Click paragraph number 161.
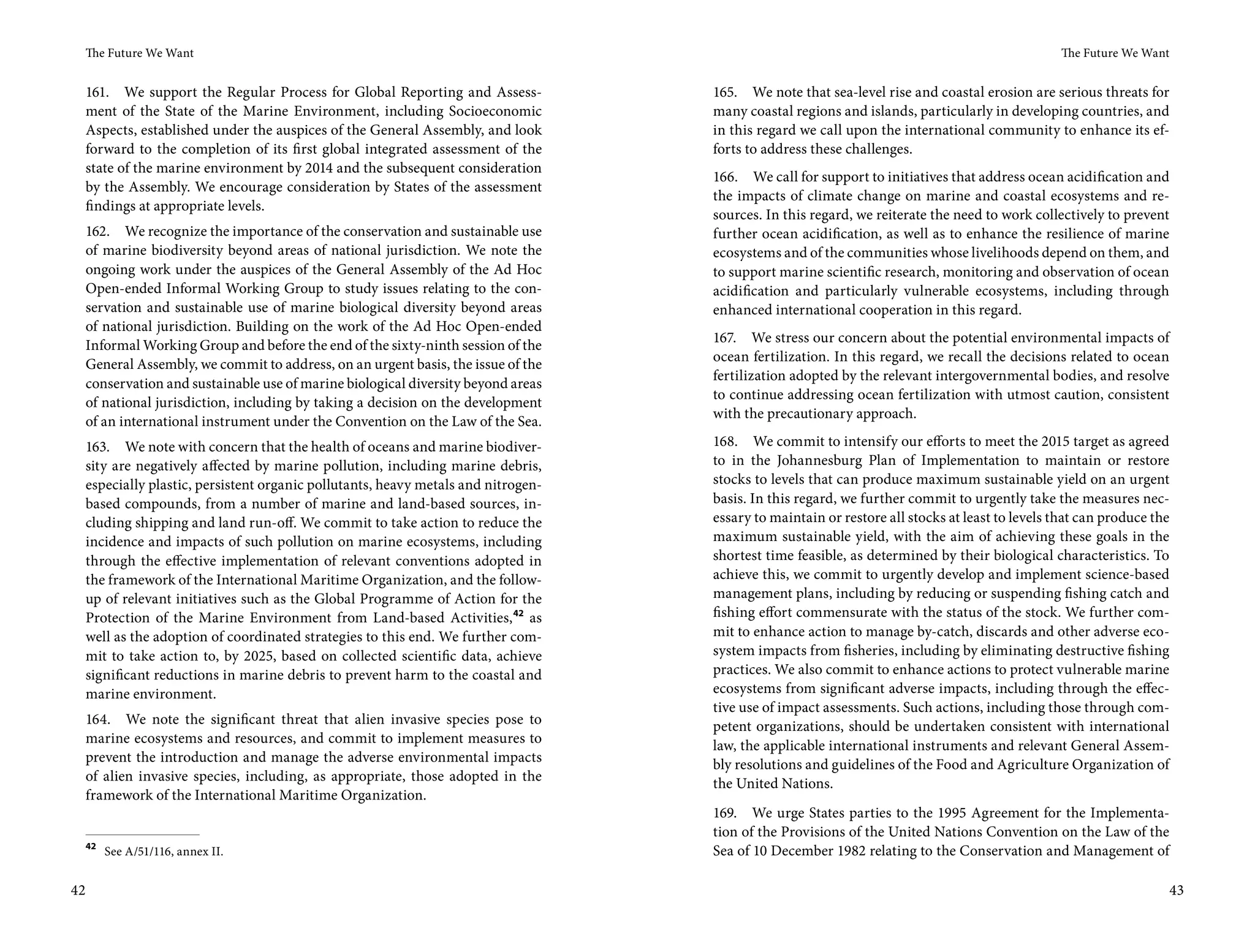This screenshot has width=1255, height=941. coord(97,93)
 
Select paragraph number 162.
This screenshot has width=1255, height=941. coord(97,232)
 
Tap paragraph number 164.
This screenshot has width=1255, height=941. coord(97,719)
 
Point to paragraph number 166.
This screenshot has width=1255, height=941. coord(725,177)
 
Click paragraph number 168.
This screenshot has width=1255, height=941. coord(725,442)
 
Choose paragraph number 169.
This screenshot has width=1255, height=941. coord(725,813)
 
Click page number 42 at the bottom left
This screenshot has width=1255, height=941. coord(78,890)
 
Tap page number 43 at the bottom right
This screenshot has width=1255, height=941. coord(1176,890)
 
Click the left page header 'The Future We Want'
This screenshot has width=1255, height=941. coord(140,53)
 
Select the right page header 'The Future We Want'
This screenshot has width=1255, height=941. coord(1115,53)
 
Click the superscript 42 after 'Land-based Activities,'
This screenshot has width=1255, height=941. coord(518,614)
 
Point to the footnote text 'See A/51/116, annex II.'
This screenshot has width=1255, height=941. coord(164,852)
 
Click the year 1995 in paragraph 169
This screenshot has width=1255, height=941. coord(951,813)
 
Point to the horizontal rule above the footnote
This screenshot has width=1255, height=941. coord(142,834)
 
